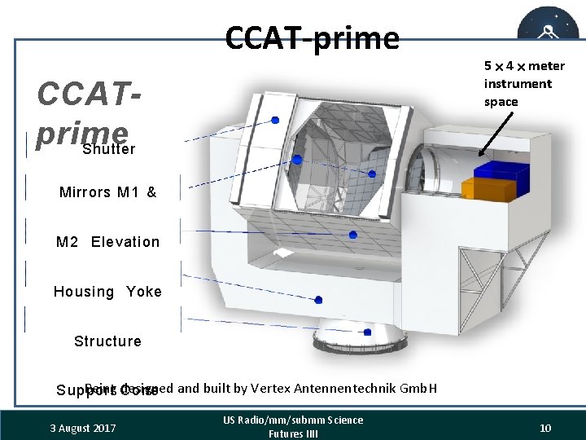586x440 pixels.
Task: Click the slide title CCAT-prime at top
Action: pyautogui.click(x=313, y=37)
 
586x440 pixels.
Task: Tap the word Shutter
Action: pyautogui.click(x=109, y=149)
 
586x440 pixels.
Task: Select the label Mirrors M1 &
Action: pyautogui.click(x=107, y=192)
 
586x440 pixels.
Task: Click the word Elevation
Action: pyautogui.click(x=125, y=242)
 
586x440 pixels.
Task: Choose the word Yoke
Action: pyautogui.click(x=144, y=292)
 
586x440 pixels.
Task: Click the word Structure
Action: pyautogui.click(x=107, y=341)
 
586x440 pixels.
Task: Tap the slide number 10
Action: pyautogui.click(x=545, y=428)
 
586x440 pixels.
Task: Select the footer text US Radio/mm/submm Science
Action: pyautogui.click(x=293, y=420)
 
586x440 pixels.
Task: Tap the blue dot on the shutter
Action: pyautogui.click(x=275, y=120)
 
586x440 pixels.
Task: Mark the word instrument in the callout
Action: pyautogui.click(x=518, y=84)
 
